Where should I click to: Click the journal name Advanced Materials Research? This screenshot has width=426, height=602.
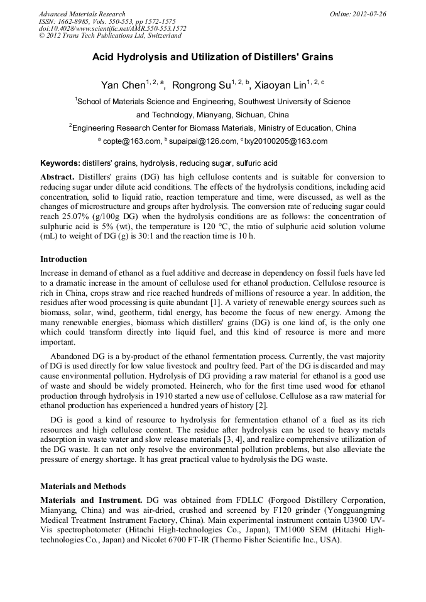click(x=82, y=14)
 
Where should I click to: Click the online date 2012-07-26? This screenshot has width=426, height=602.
click(x=368, y=14)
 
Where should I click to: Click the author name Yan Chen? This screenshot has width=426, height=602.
click(x=123, y=85)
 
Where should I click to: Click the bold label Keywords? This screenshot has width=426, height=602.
click(x=60, y=163)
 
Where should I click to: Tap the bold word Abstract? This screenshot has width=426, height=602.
click(x=57, y=177)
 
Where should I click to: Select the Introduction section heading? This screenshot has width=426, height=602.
click(x=63, y=259)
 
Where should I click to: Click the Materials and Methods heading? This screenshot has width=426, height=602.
click(x=83, y=486)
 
